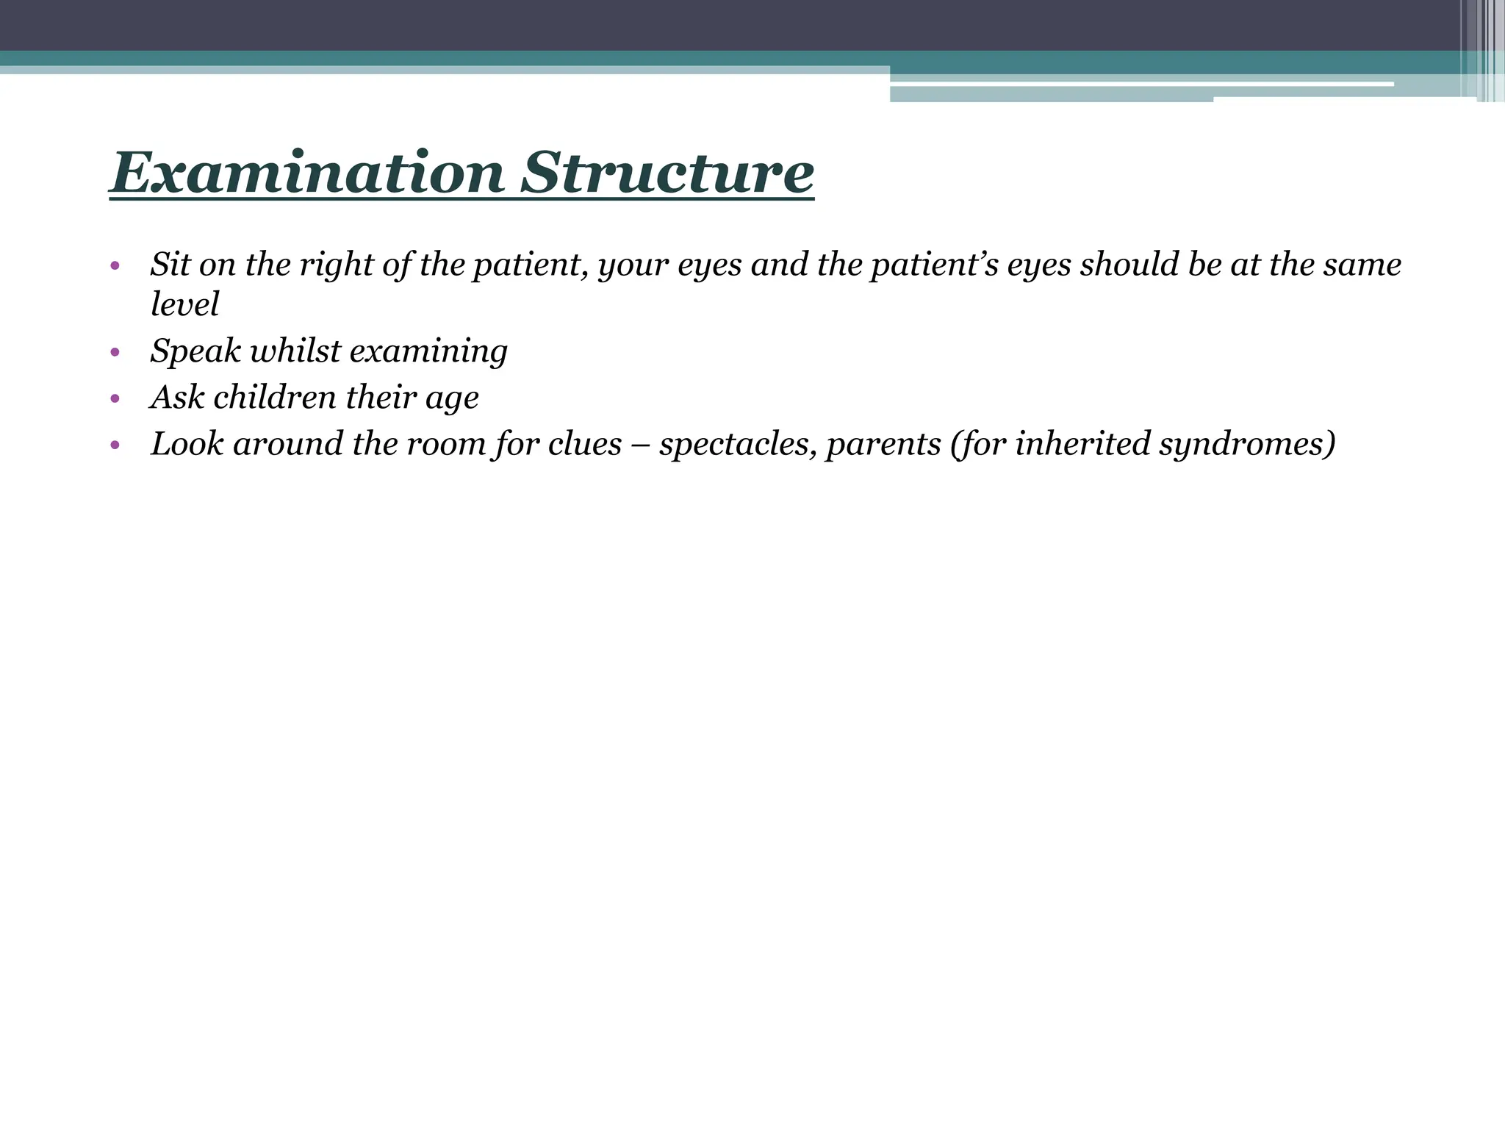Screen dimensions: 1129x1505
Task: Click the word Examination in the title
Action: click(x=307, y=173)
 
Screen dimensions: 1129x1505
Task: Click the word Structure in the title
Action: click(x=667, y=173)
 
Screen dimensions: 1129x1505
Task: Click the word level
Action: click(x=184, y=304)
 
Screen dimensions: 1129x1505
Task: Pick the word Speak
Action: click(x=195, y=351)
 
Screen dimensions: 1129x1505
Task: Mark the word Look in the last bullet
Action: click(x=187, y=444)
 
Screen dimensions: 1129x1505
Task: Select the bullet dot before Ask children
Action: click(x=115, y=399)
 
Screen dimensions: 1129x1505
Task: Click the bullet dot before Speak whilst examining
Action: click(x=115, y=353)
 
